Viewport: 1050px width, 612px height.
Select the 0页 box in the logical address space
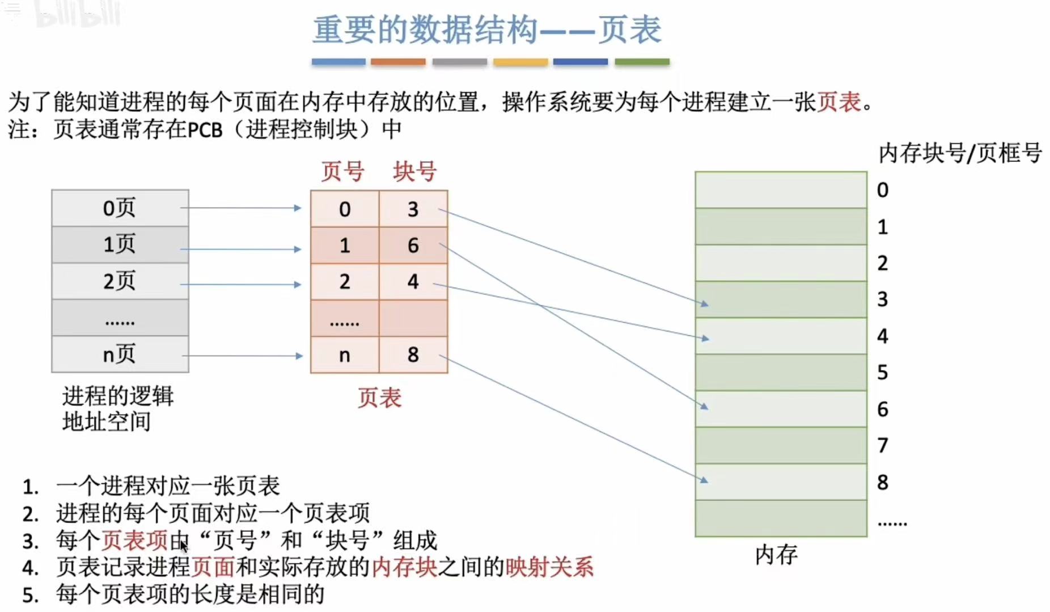point(120,208)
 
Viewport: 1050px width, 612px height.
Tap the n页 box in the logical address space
point(120,354)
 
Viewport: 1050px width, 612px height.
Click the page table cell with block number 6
point(413,246)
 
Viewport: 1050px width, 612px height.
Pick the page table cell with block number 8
point(413,355)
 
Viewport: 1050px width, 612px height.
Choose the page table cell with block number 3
point(413,209)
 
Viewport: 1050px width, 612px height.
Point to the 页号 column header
point(342,171)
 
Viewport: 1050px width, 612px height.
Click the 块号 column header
point(414,171)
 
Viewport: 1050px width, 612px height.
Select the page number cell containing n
point(345,355)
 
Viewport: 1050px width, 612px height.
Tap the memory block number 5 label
point(882,373)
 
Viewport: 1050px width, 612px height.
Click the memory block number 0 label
point(882,190)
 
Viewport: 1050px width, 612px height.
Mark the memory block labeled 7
point(781,445)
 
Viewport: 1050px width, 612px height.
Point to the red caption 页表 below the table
point(379,398)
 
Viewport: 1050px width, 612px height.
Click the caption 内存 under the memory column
point(776,554)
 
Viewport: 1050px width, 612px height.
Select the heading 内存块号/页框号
point(960,153)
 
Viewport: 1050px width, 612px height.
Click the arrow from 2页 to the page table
point(241,284)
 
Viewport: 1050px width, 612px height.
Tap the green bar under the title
point(642,61)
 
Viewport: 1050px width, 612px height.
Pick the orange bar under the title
point(398,61)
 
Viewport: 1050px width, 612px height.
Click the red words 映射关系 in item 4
point(549,567)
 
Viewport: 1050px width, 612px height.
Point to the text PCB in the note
point(205,130)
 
